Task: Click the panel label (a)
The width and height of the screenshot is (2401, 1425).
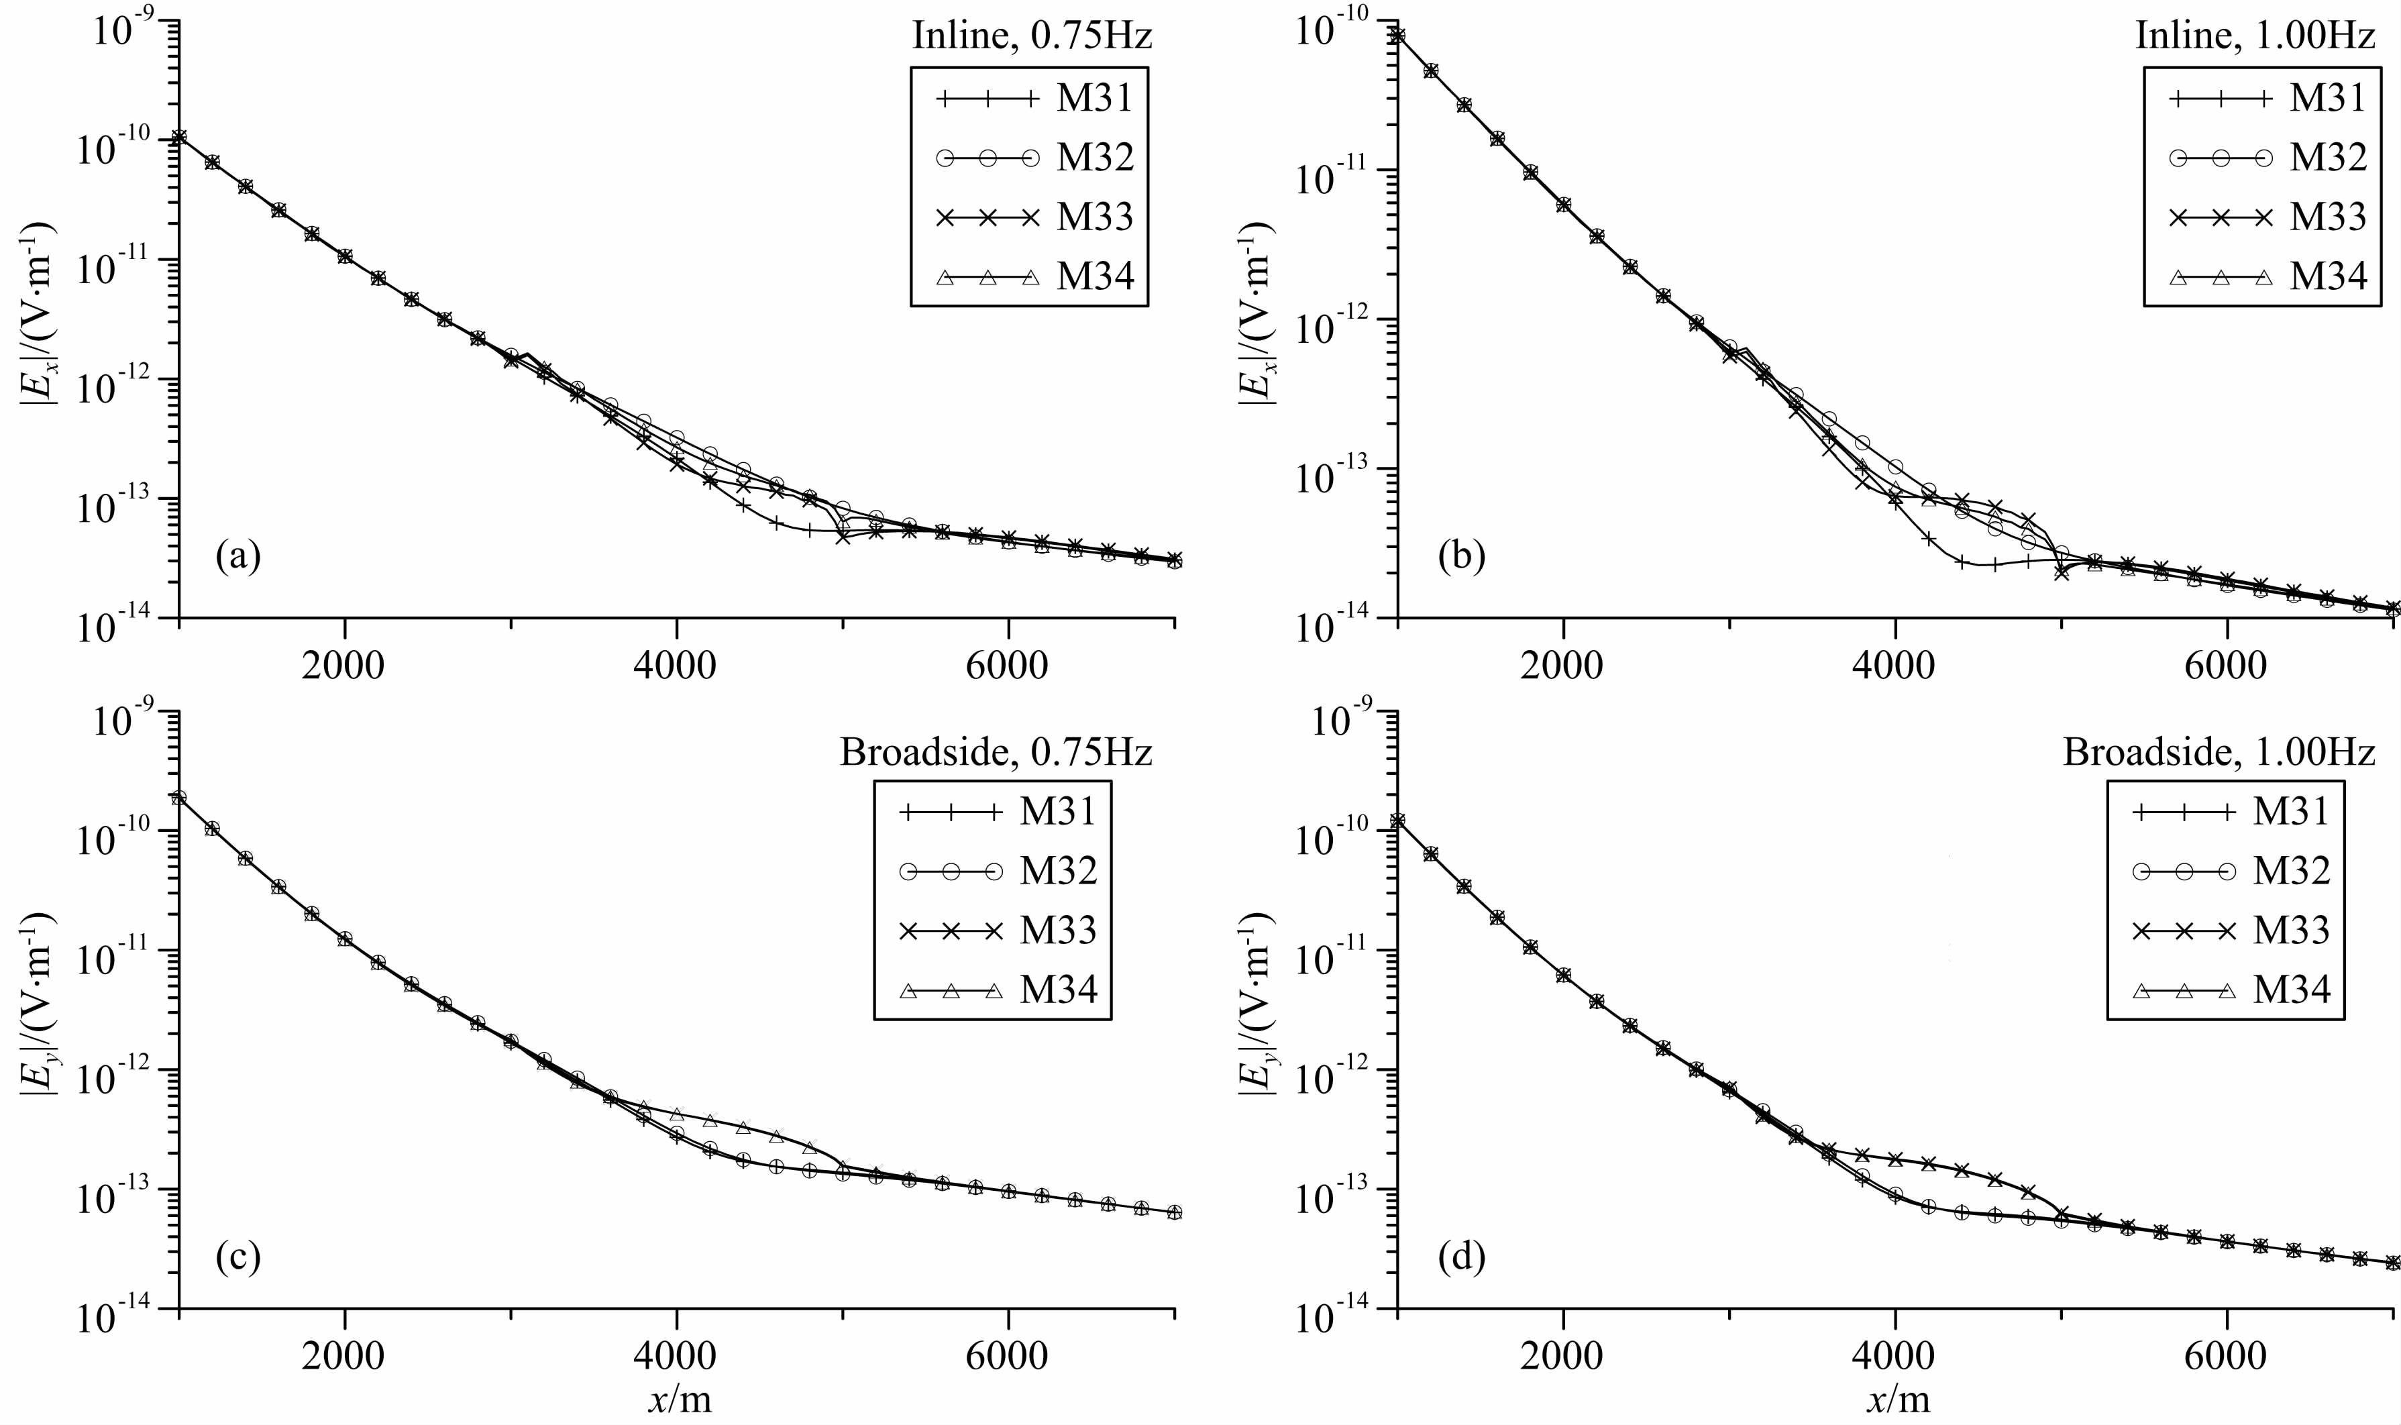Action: coord(238,554)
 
